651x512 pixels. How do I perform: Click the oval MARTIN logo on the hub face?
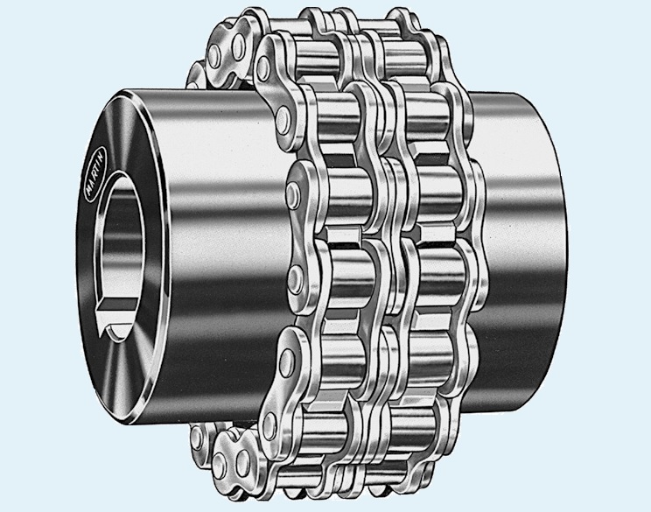coord(97,173)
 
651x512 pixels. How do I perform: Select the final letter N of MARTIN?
coord(103,152)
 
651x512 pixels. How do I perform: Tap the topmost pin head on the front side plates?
coord(262,66)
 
